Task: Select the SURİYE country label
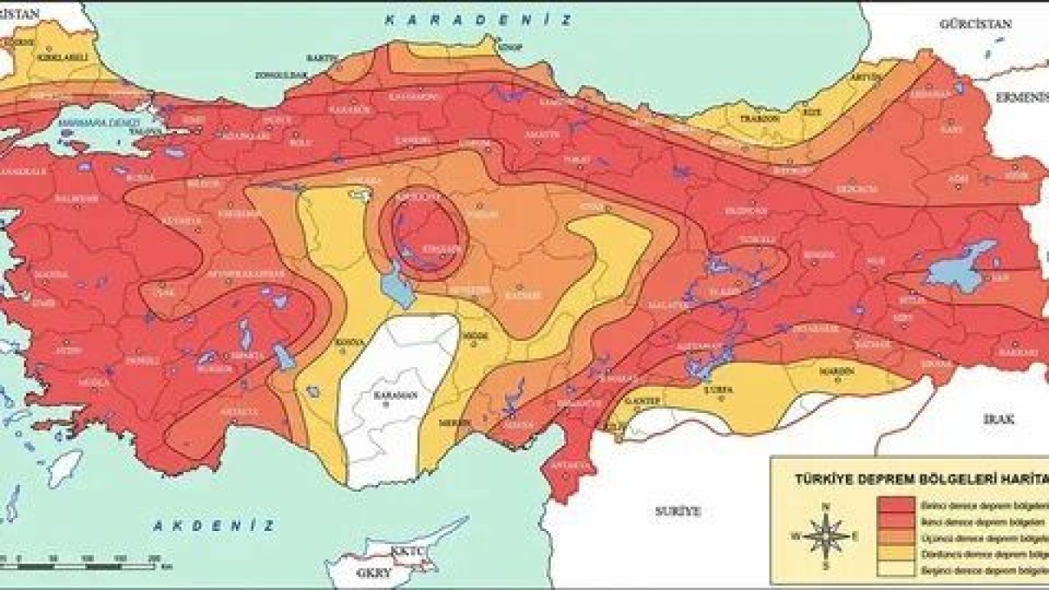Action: [678, 511]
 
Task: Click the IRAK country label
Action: [999, 418]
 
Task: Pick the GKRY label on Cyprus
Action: [367, 574]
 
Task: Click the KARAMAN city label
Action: [397, 395]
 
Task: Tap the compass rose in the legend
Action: [826, 538]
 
